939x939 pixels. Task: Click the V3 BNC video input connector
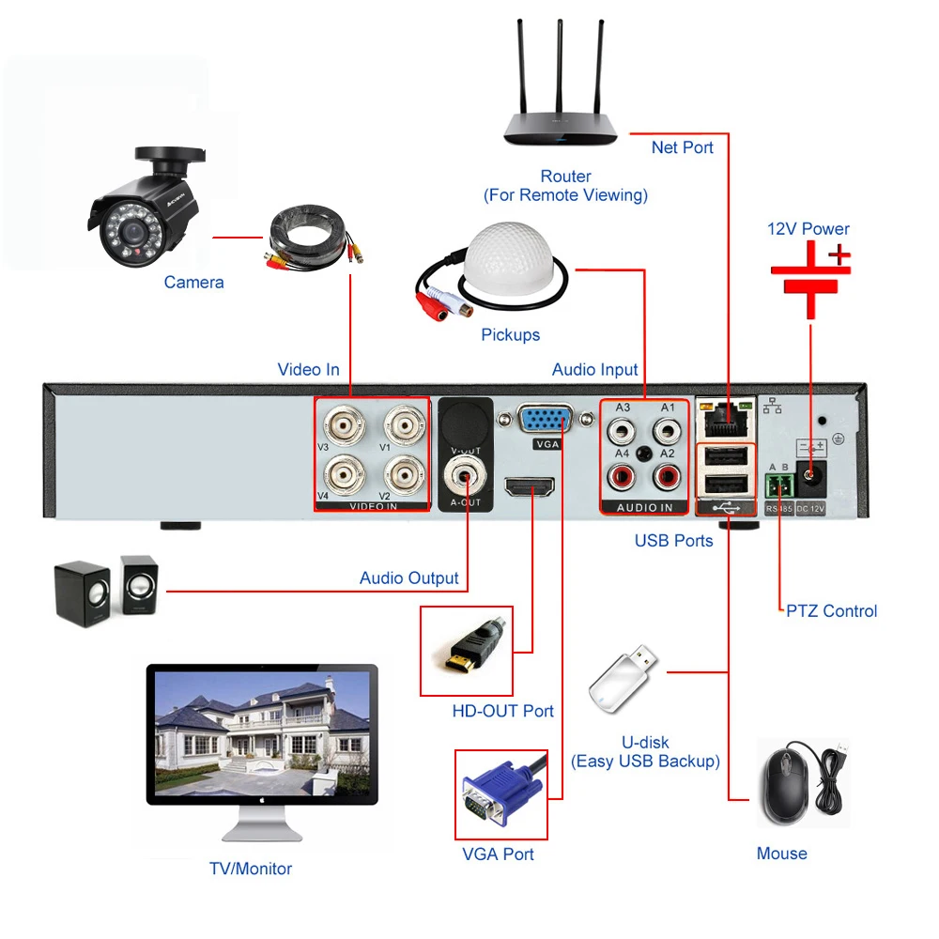[x=345, y=425]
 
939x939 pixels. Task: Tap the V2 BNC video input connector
[x=405, y=475]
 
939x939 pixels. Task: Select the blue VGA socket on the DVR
[x=545, y=419]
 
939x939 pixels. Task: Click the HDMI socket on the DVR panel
[x=530, y=486]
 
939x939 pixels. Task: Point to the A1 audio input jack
[x=667, y=431]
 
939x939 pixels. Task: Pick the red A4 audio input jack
[x=621, y=477]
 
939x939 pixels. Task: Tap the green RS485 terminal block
[x=779, y=485]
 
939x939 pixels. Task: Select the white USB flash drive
[x=623, y=679]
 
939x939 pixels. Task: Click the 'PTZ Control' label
[x=831, y=611]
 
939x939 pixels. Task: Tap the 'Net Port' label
[x=682, y=147]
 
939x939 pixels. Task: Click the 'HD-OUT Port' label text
[x=502, y=711]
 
